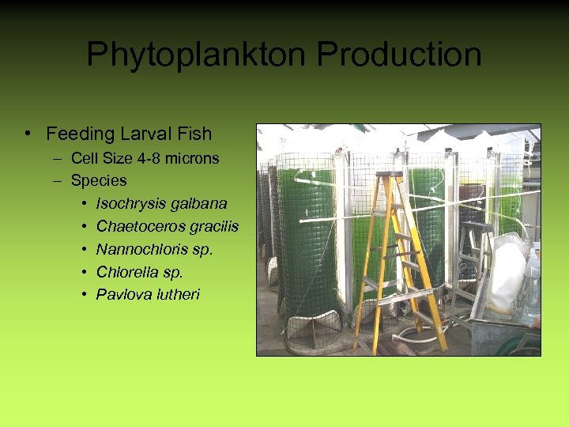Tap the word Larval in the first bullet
[x=149, y=134]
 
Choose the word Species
[x=99, y=180]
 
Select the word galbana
[x=199, y=204]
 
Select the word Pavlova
[x=121, y=295]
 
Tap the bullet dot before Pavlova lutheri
[x=84, y=295]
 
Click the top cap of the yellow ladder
[x=389, y=175]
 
